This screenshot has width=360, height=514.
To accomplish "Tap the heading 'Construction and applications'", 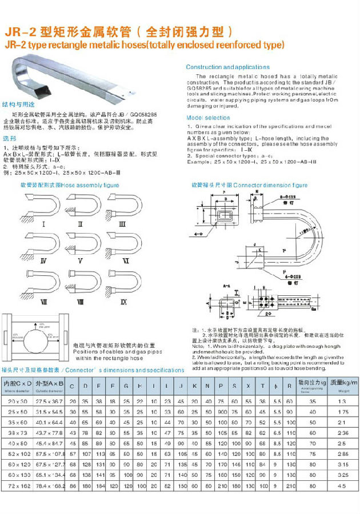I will [227, 67].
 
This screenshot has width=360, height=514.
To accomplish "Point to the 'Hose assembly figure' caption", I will [69, 185].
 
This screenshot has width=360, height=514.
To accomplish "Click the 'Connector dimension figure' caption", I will [249, 185].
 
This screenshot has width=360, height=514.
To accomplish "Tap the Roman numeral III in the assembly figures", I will [122, 225].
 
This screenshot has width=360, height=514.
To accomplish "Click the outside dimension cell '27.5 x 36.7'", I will [50, 402].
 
